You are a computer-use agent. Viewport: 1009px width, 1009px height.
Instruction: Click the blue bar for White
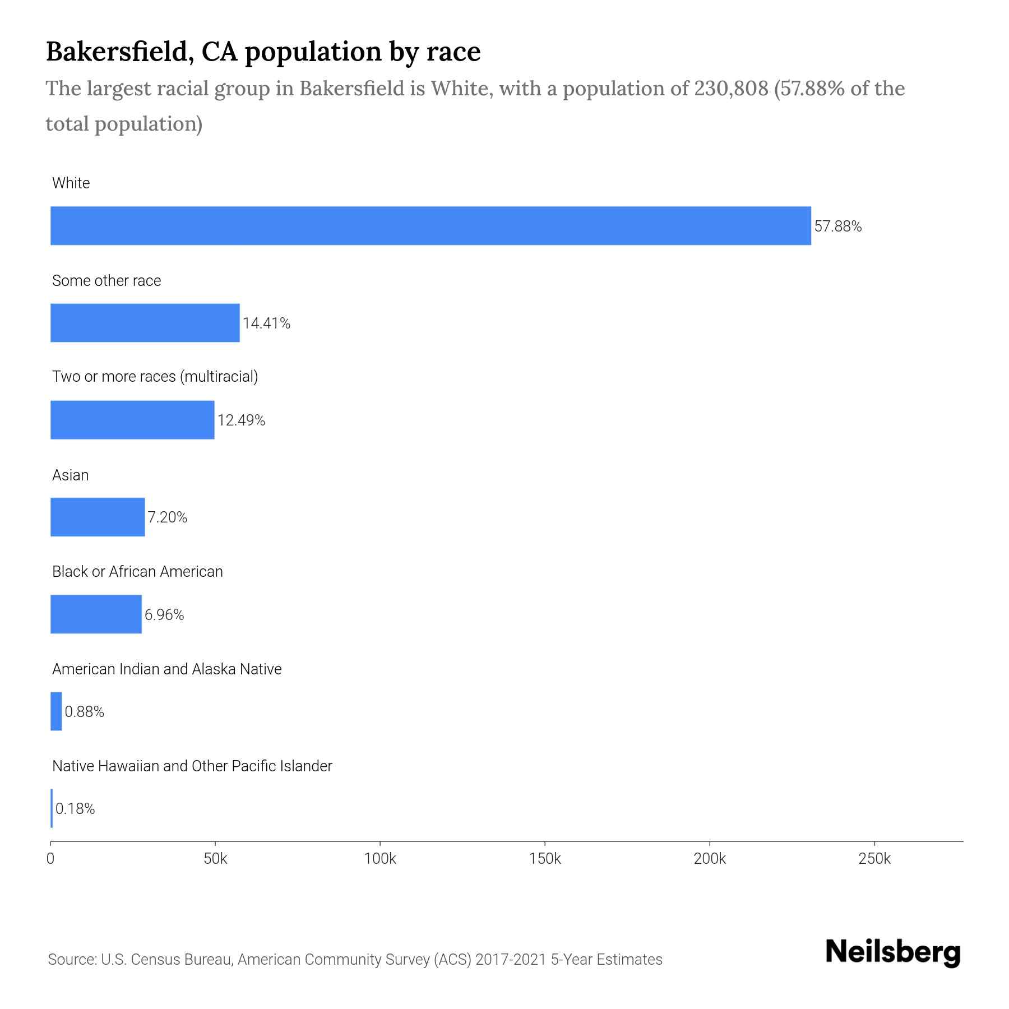tap(431, 225)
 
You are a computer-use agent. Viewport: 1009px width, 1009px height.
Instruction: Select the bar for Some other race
tap(145, 323)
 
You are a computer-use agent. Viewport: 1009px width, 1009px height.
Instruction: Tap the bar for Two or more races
tap(132, 420)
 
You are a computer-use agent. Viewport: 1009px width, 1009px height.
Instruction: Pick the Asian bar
tap(98, 517)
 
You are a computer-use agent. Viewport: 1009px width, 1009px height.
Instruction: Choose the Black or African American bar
tap(96, 614)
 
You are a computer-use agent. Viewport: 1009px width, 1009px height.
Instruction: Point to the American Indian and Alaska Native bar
tap(56, 711)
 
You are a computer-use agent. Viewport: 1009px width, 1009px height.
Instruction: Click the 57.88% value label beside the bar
tap(838, 226)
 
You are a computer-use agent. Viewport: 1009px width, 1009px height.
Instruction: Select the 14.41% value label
tap(266, 323)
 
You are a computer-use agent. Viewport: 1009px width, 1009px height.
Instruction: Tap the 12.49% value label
tap(241, 420)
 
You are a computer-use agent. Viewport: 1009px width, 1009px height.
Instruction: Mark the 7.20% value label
tap(167, 517)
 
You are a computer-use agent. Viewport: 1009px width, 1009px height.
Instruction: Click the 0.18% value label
tap(75, 809)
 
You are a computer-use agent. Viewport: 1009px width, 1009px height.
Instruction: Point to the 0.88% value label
tap(85, 712)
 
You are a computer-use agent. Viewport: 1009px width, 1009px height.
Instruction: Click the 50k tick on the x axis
tap(215, 859)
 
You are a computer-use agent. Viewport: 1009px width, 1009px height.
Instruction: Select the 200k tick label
tap(710, 859)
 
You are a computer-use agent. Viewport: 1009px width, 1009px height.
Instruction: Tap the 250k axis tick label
tap(874, 859)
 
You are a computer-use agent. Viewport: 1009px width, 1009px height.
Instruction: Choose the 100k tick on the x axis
tap(380, 859)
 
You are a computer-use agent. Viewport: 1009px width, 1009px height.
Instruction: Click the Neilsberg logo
tap(893, 952)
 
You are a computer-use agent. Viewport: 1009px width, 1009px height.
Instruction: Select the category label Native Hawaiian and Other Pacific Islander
tap(192, 766)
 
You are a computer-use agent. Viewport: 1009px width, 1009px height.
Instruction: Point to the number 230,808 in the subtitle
tap(731, 89)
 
